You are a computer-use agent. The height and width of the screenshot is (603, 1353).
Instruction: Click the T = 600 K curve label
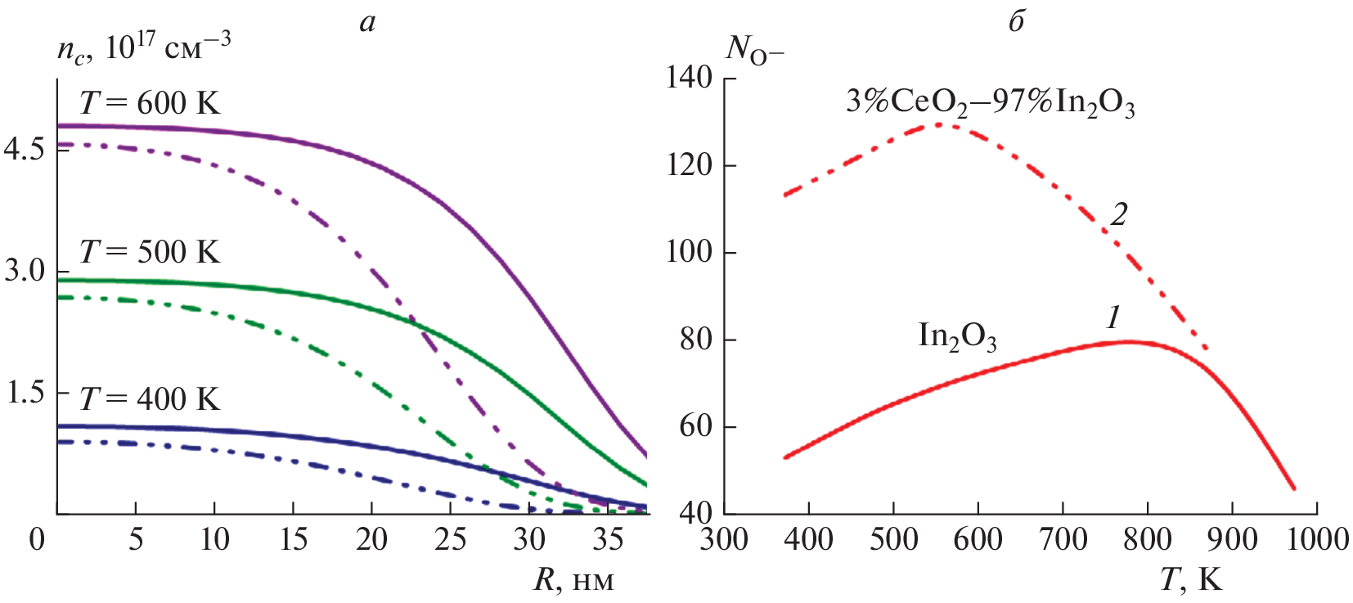coord(150,103)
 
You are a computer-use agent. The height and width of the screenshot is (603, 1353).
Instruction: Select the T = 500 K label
coord(150,251)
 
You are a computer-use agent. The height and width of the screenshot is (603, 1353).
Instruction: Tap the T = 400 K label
coord(150,398)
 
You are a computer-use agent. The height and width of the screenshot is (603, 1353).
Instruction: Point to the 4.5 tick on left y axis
coord(25,149)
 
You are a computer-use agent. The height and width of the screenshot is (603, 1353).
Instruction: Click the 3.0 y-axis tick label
coord(25,270)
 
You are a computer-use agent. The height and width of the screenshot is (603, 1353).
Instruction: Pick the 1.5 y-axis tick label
coord(25,392)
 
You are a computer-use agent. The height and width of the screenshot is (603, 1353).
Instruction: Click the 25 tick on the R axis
coord(450,539)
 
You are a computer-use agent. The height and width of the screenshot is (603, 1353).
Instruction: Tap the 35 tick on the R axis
coord(608,539)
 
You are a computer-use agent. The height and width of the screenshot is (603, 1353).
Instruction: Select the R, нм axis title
coord(573,580)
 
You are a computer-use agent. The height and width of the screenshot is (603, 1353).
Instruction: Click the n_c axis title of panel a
coord(144,47)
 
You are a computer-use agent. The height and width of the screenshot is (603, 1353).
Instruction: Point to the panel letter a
coord(367,22)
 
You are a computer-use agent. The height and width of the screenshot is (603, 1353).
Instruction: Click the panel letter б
coord(1017,21)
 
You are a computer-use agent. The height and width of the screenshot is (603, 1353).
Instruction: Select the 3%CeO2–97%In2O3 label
coord(990,103)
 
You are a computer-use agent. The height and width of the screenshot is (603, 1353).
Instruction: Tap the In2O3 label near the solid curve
coord(957,336)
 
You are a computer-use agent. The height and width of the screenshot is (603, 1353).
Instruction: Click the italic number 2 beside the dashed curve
coord(1118,214)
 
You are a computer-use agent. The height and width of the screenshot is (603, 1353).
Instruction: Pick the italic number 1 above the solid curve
coord(1113,317)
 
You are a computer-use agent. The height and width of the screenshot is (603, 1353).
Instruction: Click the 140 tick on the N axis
coord(689,78)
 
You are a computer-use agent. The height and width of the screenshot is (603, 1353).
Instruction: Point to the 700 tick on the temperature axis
coord(1063,539)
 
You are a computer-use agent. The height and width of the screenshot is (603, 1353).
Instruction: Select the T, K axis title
coord(1190,580)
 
